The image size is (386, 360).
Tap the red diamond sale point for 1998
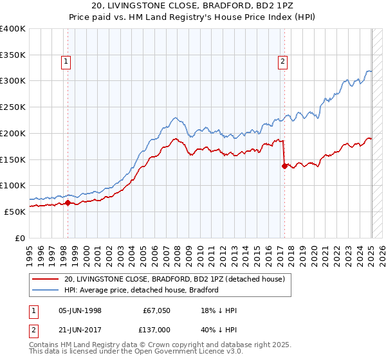68,203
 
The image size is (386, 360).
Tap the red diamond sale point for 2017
284,166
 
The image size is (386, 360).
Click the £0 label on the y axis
21,238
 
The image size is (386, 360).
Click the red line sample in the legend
46,278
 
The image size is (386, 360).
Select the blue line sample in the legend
46,290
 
